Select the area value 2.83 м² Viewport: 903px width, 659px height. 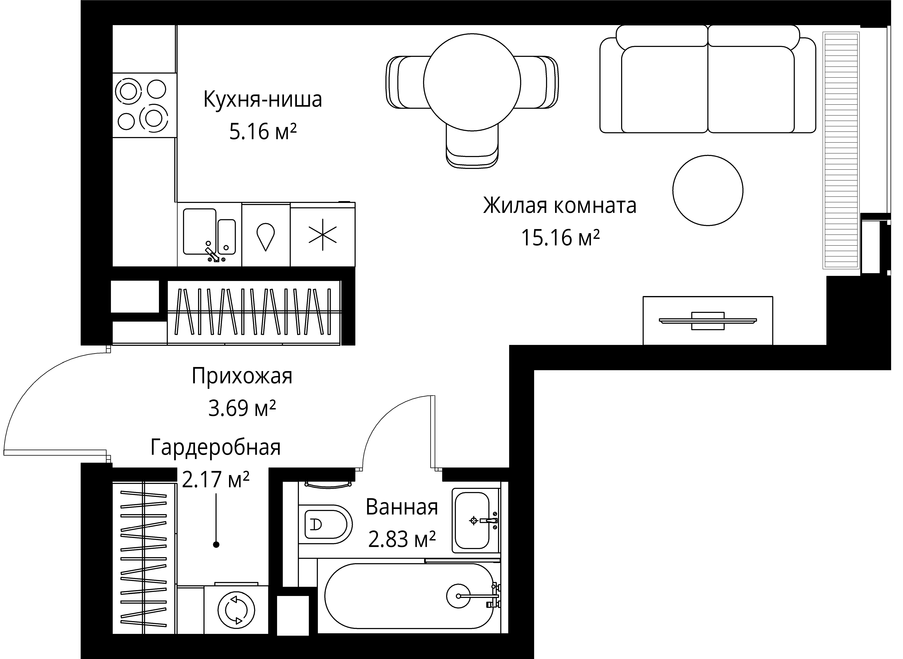401,540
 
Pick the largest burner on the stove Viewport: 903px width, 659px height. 154,118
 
